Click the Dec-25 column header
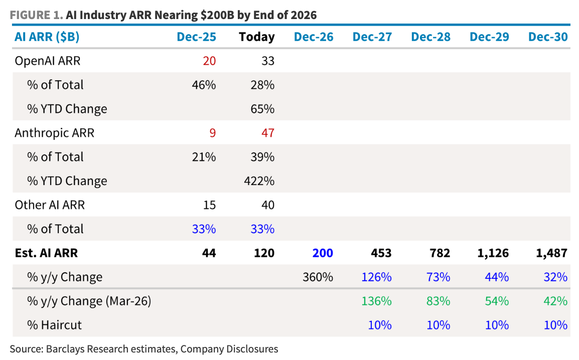(197, 37)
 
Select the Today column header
(256, 37)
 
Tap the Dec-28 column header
(430, 37)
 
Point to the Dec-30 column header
(548, 37)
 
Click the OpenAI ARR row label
(47, 61)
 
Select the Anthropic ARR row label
(54, 133)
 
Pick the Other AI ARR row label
(50, 205)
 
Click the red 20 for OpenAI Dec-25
(209, 61)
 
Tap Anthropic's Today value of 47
(268, 133)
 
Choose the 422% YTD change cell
(259, 181)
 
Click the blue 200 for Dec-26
(323, 253)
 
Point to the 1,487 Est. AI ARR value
(552, 253)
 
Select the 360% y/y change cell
(318, 277)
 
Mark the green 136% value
(376, 301)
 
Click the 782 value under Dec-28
(440, 253)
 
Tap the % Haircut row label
(54, 325)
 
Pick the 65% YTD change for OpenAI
(262, 109)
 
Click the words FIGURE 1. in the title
(36, 15)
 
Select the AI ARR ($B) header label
(47, 37)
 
